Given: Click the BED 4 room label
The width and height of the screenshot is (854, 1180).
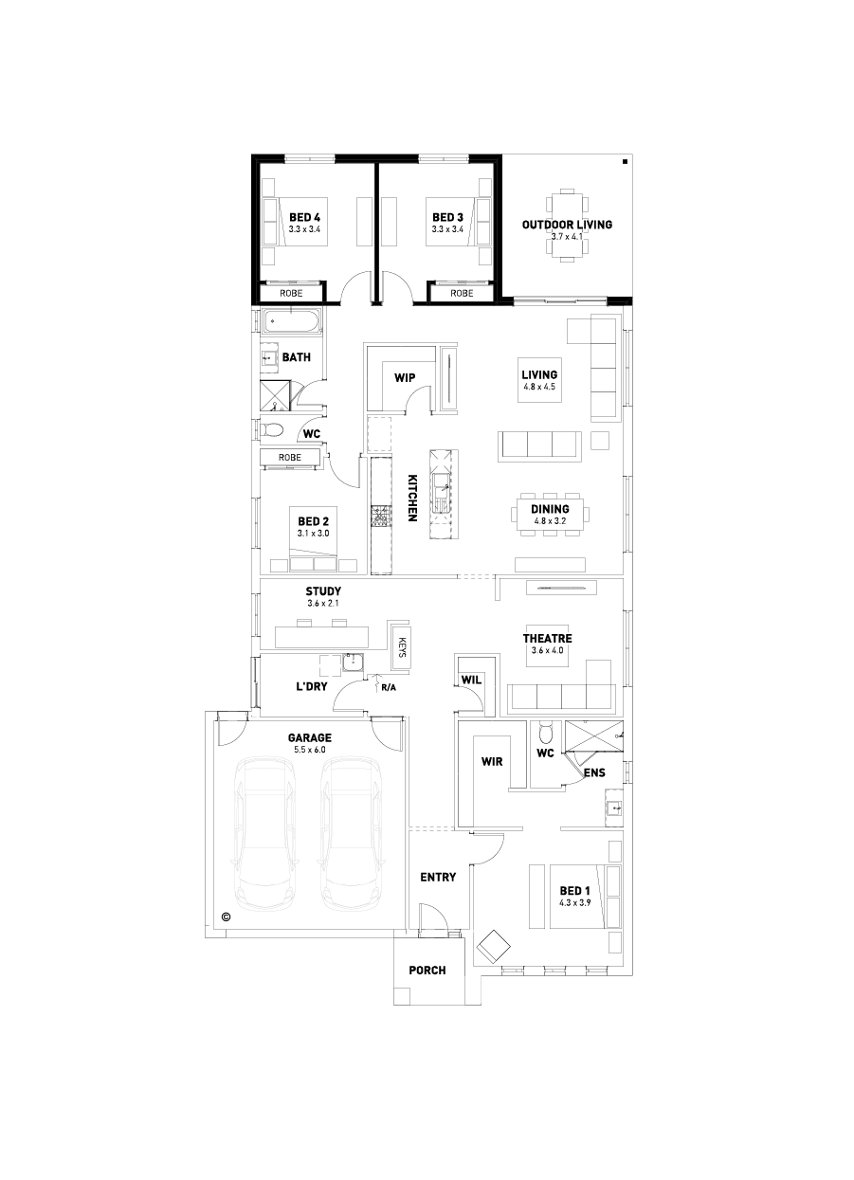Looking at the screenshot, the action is (304, 217).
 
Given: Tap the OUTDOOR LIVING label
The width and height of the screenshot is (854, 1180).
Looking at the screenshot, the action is (567, 225).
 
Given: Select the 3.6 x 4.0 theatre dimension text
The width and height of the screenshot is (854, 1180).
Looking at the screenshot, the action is (548, 650).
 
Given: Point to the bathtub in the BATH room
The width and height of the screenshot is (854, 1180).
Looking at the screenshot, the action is (292, 320).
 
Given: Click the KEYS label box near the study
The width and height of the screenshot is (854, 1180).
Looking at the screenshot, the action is (402, 645).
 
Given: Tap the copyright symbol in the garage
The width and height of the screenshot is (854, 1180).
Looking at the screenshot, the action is (226, 917).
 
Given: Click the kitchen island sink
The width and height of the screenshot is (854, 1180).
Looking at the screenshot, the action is (441, 492).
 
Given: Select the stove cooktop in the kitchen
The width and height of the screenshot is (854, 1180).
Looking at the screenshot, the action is (380, 516).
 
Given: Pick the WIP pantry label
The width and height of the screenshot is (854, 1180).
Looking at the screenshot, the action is (405, 378).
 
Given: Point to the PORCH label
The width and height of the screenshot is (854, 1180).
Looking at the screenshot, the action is (427, 970).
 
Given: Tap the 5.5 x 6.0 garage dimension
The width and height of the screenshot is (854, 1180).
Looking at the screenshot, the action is (309, 750).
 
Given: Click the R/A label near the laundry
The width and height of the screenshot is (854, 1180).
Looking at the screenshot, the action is (389, 688).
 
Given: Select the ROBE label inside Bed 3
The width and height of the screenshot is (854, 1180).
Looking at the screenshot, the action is (462, 294).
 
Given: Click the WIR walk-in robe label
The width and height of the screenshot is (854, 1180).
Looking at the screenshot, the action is (492, 761).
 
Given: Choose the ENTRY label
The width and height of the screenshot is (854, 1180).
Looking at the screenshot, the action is (438, 877).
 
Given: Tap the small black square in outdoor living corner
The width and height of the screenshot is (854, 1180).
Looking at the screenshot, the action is (625, 162).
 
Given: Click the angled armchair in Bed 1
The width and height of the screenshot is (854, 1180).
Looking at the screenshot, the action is (494, 947).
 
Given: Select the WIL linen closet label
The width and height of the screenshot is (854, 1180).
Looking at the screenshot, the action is (471, 681).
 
